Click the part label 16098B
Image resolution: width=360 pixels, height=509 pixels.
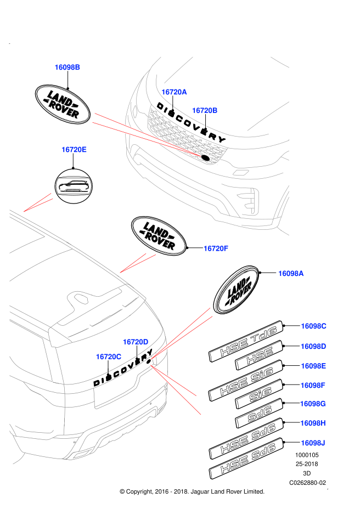point(67,67)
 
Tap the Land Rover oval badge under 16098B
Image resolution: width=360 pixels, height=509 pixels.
point(63,104)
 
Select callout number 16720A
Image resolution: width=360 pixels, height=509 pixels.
point(174,92)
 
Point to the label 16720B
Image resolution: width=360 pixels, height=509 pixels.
point(205,110)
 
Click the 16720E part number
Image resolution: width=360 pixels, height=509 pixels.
point(74,149)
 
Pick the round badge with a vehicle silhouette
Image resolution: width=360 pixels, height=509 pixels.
point(74,186)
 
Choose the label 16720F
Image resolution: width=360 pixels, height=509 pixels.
point(216,248)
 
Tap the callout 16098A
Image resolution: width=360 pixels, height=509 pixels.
point(291,273)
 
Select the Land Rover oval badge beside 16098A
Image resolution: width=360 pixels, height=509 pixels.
point(237,290)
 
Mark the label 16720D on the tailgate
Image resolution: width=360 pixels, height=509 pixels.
point(136,342)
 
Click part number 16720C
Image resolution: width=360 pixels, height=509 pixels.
point(109,357)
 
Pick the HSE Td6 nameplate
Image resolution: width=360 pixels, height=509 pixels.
point(246,341)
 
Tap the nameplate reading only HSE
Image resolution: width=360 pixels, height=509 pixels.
point(259,355)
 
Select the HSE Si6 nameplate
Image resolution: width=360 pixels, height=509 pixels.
point(246,381)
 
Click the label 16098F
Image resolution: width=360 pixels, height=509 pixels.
point(313,386)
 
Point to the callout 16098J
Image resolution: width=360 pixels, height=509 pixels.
point(313,443)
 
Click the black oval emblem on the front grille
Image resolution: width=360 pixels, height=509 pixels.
point(206,158)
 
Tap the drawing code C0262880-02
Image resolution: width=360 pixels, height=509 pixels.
point(308,483)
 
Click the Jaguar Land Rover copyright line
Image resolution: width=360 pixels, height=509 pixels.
point(192,491)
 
